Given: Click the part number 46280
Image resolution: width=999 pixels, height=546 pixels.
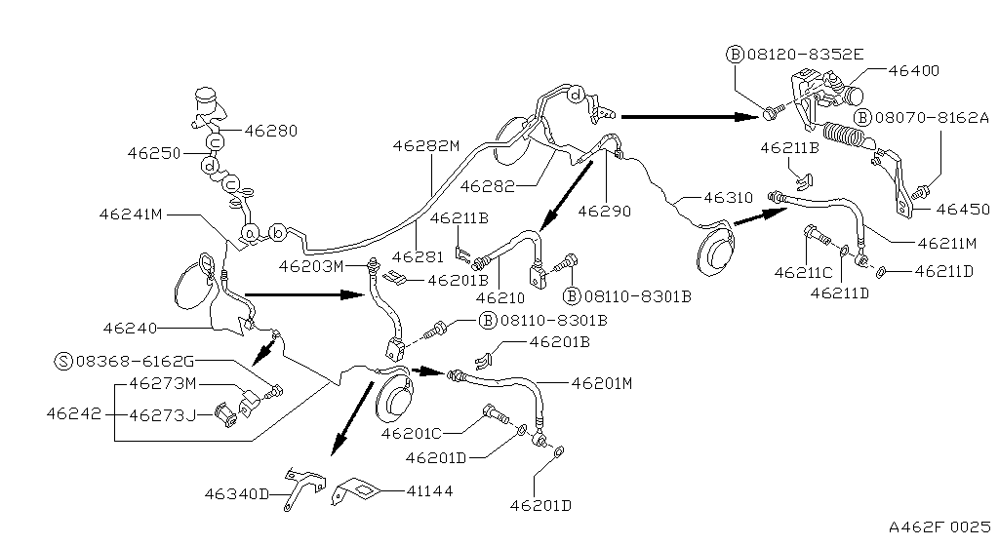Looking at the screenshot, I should [270, 130].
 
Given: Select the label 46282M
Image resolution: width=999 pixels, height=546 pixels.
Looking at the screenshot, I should [425, 146].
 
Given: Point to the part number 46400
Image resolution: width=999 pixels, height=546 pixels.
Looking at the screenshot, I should [913, 70].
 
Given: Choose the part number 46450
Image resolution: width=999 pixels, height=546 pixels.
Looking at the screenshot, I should [962, 209].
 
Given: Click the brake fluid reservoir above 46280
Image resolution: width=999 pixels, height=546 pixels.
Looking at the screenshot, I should [207, 99].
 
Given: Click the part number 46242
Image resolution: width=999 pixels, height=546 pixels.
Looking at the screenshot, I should [72, 412].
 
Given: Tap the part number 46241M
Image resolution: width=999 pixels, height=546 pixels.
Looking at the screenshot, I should [132, 213].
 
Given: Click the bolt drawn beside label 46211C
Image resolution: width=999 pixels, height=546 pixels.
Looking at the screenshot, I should [816, 236].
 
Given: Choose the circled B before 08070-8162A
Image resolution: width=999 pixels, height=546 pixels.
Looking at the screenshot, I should [861, 117].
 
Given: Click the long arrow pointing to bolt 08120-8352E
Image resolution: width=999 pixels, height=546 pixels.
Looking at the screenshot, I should [689, 116].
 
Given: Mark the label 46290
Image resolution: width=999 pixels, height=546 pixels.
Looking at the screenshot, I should [605, 210].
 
